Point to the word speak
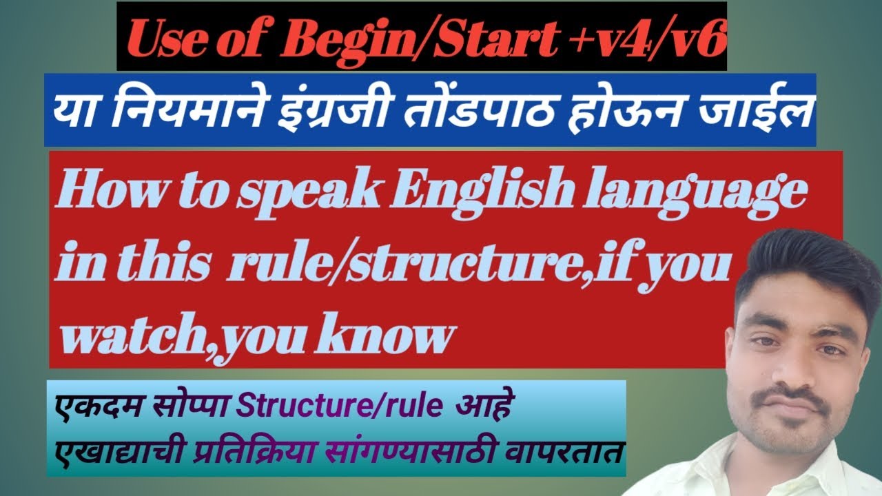click(308, 197)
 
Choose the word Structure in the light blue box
click(298, 406)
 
